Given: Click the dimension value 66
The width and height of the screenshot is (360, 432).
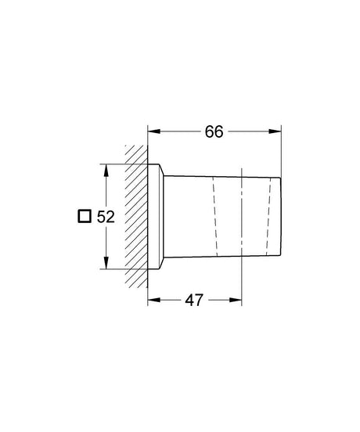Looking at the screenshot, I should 214,131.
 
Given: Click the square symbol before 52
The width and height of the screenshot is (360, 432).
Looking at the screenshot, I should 85,217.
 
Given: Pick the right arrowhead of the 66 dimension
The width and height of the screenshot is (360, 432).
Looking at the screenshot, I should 276,131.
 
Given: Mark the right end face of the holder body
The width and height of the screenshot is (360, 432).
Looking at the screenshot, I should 279,217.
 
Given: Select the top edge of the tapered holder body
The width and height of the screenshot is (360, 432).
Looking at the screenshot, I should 223,172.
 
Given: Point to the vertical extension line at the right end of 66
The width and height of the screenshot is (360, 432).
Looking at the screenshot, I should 281,149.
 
